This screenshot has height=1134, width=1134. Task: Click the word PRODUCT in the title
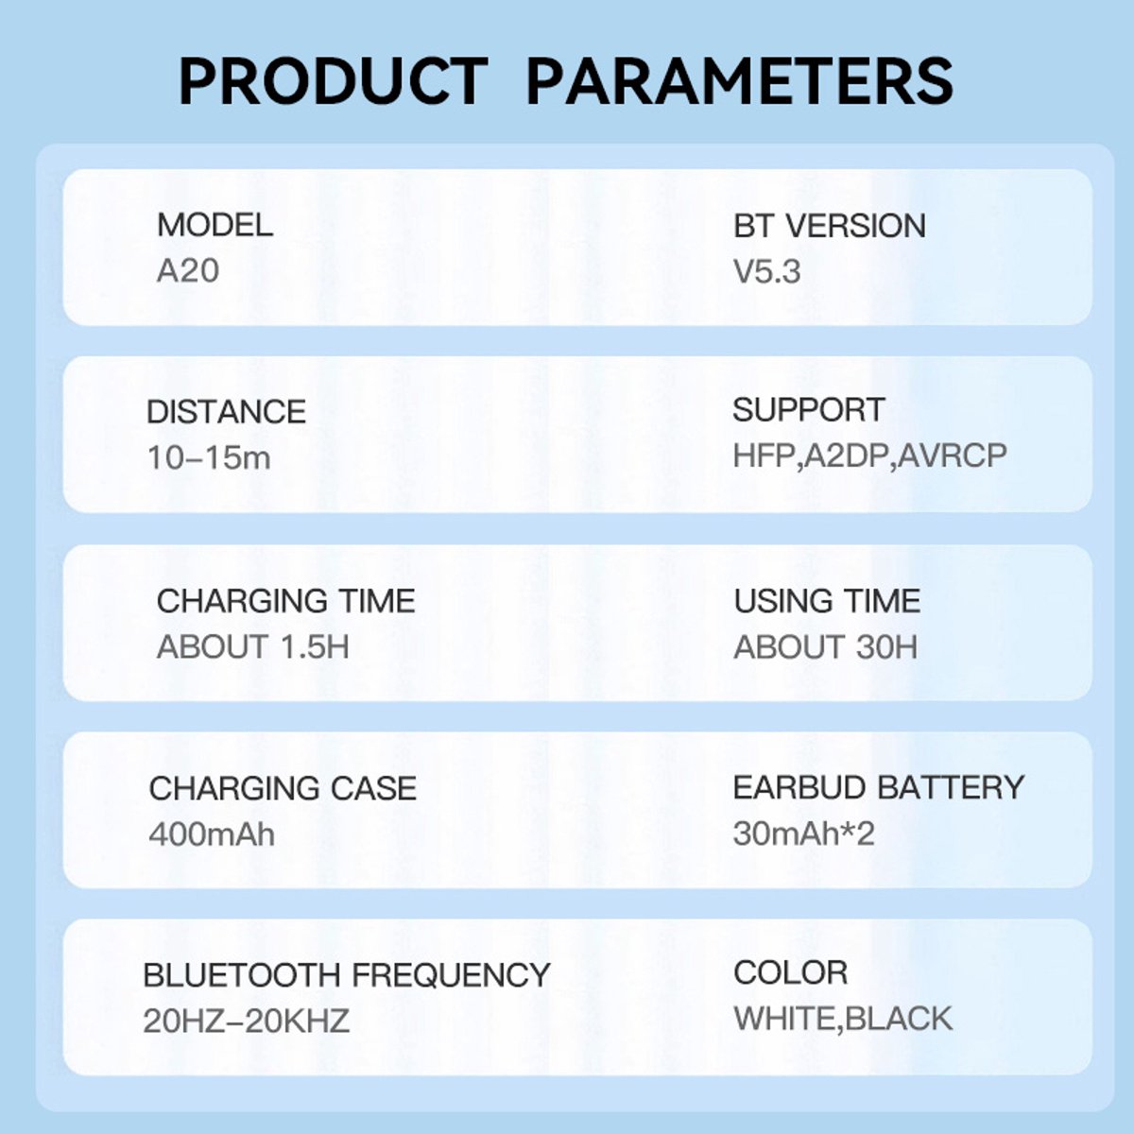[x=333, y=81]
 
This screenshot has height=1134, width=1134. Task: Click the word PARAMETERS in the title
[x=739, y=81]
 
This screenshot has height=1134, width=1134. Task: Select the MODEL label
[x=215, y=225]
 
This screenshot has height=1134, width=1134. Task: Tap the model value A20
[x=188, y=270]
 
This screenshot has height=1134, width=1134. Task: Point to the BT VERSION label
[x=829, y=226]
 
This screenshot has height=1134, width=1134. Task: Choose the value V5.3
[x=766, y=272]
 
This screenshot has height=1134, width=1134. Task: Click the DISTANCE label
[x=226, y=411]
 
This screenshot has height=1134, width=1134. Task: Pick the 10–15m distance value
[x=209, y=457]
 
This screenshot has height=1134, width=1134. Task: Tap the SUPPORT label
[x=809, y=409]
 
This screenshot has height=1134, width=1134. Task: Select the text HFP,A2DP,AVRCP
[x=869, y=455]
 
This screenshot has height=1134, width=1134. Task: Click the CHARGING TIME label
[x=286, y=601]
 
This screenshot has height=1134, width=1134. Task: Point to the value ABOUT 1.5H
[x=253, y=646]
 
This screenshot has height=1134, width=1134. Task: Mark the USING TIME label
[x=827, y=601]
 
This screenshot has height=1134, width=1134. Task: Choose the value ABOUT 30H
[x=826, y=646]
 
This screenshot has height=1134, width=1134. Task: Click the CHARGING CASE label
[x=283, y=788]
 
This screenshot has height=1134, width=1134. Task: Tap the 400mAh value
[x=212, y=833]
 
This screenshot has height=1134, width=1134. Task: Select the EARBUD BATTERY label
[x=879, y=787]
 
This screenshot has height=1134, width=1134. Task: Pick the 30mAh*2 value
[x=804, y=833]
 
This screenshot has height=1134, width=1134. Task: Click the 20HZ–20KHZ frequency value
[x=246, y=1021]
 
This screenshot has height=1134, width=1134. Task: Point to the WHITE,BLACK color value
[x=843, y=1019]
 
